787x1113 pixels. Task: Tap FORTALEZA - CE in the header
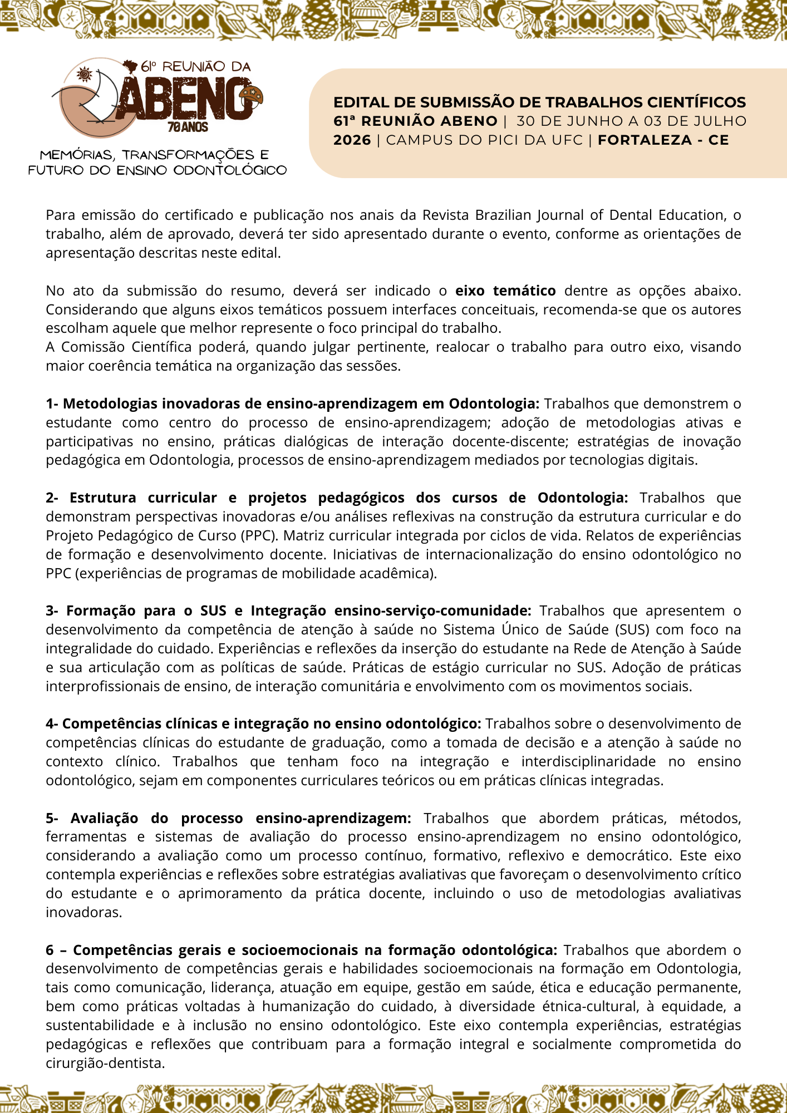pyautogui.click(x=663, y=140)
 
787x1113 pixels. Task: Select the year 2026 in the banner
pyautogui.click(x=352, y=140)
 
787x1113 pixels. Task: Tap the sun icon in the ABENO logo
pyautogui.click(x=84, y=74)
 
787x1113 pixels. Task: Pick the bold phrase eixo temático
pyautogui.click(x=505, y=290)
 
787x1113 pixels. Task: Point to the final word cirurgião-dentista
pyautogui.click(x=105, y=1063)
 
